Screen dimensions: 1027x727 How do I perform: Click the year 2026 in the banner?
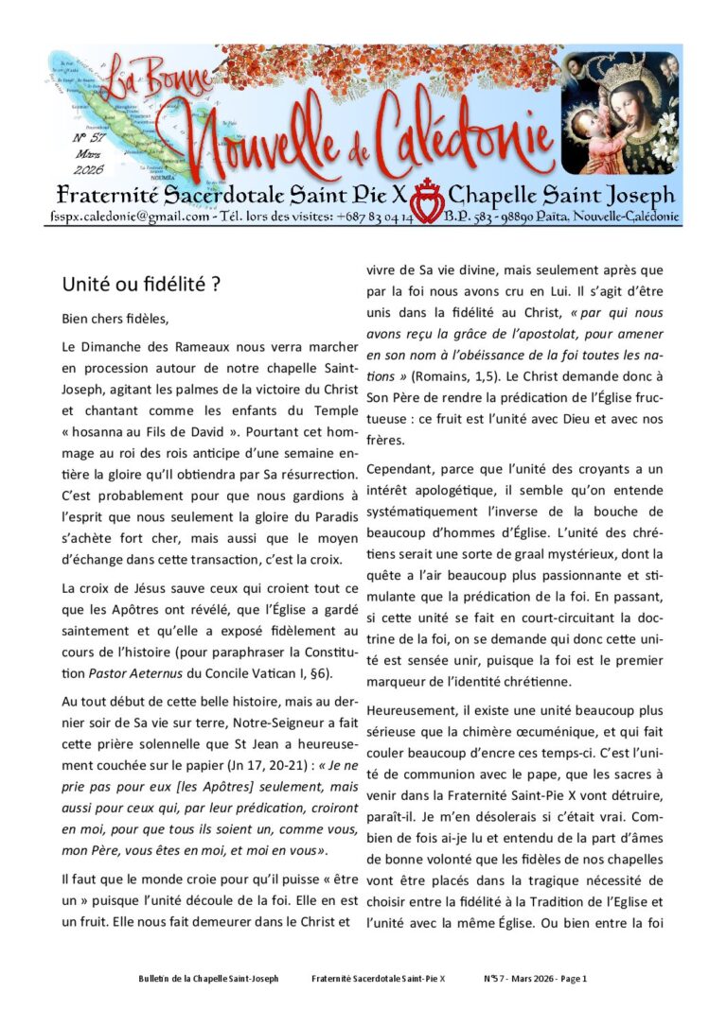86,169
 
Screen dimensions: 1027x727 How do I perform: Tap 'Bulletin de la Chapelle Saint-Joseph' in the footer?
208,979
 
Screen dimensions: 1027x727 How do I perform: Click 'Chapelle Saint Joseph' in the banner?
561,195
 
